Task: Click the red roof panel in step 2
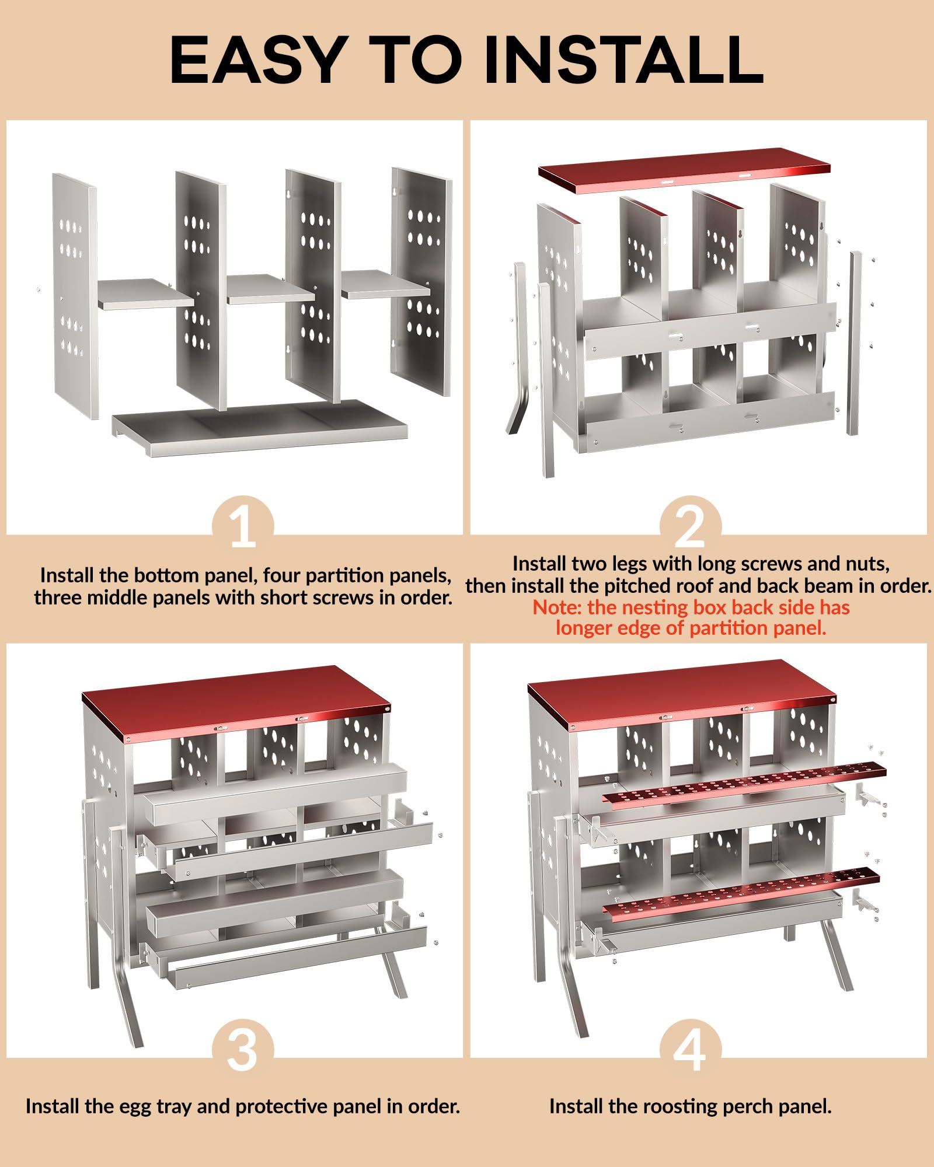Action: coord(684,170)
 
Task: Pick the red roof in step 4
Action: coord(682,694)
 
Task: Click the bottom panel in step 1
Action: coord(260,428)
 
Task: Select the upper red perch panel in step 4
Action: coord(744,782)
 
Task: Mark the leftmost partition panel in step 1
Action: coord(75,295)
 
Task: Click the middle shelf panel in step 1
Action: coord(270,289)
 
